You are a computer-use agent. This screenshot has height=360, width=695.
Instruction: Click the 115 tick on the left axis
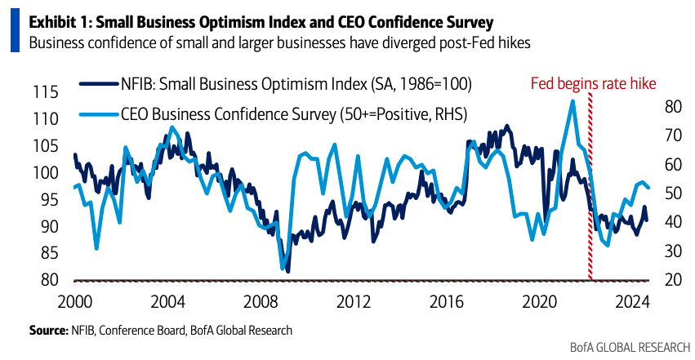(x=46, y=92)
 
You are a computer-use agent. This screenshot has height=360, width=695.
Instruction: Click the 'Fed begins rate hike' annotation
(x=594, y=83)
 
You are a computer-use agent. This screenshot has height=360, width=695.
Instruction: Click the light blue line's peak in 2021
(x=572, y=100)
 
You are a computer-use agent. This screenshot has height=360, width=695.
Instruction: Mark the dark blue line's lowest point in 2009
(x=287, y=270)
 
